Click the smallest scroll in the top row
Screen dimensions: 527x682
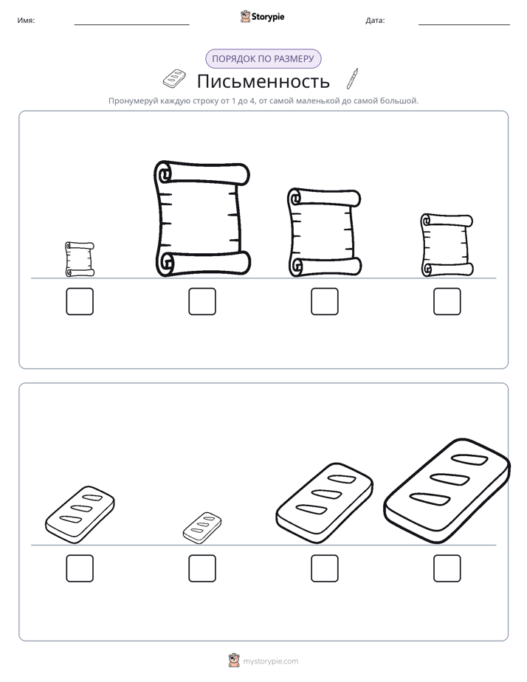80,260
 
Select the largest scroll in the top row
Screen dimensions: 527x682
202,218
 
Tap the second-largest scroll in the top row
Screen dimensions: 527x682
324,232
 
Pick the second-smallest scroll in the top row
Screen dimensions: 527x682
447,245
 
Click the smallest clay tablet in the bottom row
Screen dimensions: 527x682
202,528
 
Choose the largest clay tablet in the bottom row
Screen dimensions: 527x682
447,491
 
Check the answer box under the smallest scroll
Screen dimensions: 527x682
80,301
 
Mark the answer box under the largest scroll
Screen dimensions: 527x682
202,301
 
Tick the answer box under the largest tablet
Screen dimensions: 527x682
447,568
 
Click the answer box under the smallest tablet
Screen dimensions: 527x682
202,568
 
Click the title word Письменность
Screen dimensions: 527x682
263,81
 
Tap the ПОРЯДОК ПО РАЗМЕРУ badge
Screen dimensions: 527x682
263,59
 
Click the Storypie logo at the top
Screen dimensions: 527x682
263,16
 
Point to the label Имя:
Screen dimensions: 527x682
26,21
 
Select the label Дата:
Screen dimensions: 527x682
375,21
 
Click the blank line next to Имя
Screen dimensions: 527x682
131,25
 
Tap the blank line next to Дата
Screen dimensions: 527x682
464,25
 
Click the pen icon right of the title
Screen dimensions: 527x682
353,79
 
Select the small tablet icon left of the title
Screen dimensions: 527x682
174,78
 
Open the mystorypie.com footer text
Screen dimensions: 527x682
270,661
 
